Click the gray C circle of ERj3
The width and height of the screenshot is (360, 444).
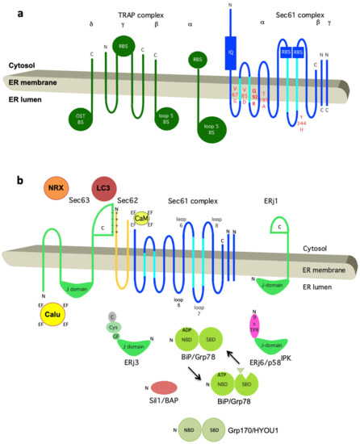[x=112, y=327]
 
